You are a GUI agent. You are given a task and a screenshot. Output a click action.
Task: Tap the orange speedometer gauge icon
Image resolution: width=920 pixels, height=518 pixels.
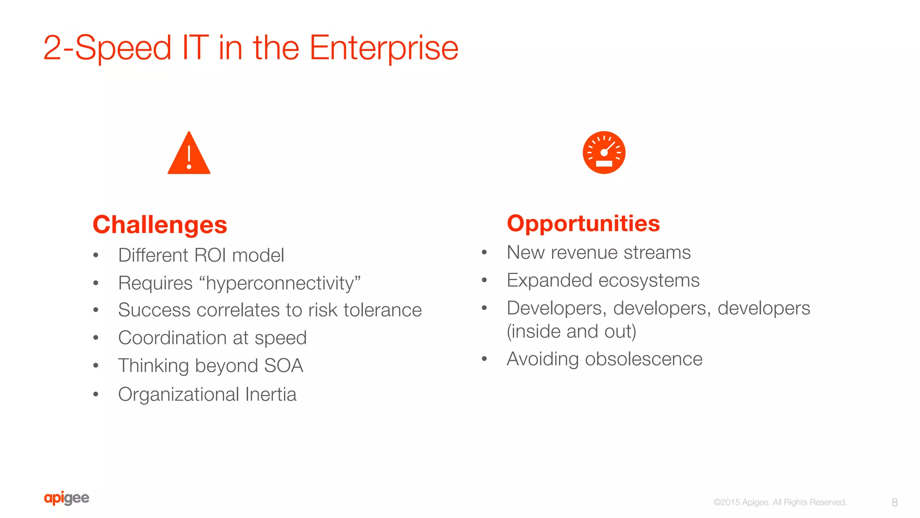coord(604,152)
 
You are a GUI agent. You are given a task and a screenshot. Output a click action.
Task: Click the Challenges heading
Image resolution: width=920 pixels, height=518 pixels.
coord(160,225)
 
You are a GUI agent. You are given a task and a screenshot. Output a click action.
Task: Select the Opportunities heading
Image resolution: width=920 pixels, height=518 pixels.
coord(583,223)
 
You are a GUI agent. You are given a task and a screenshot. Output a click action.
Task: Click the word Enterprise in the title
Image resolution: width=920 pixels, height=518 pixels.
coord(384,48)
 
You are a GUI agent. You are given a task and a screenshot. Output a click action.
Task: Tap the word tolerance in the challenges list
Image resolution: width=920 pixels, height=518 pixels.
coord(382,310)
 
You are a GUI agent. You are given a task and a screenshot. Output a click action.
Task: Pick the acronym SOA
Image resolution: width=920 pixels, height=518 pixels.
coord(283,366)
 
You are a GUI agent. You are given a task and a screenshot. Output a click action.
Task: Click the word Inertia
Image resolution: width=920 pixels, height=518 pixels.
coord(271,394)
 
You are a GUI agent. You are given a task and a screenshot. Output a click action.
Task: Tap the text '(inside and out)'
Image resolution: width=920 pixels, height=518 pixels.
coord(571,332)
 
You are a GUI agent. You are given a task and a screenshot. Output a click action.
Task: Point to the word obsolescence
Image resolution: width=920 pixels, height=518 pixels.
coord(643,359)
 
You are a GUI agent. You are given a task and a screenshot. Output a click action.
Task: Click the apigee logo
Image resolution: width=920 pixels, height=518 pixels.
coord(66,498)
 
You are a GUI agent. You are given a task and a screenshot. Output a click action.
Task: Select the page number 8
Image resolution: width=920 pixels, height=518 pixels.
coord(894,502)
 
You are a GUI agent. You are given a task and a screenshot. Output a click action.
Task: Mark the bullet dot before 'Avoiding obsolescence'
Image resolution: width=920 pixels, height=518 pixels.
coord(484,359)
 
